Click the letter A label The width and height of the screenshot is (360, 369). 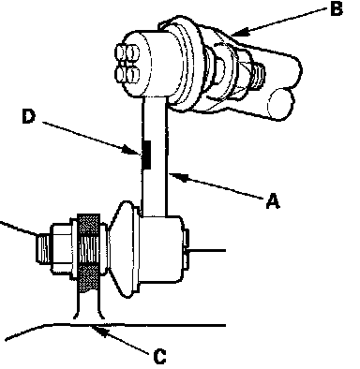(273, 200)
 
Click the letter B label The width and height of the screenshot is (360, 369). (337, 8)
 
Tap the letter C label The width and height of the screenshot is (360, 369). (160, 357)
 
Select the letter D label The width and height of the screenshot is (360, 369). (29, 116)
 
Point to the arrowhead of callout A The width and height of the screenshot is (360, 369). (174, 176)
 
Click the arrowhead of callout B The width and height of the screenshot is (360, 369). (237, 32)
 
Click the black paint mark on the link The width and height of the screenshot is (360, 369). (146, 155)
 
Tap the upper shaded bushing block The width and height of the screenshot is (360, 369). (89, 225)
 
